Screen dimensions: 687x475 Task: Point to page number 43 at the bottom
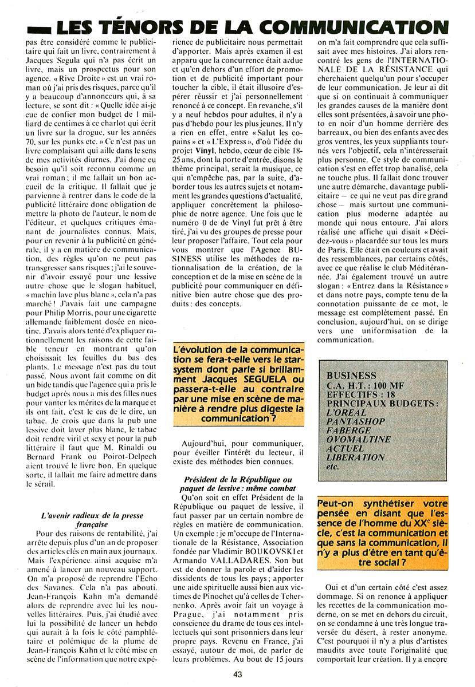(x=238, y=674)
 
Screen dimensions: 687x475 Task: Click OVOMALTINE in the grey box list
(x=358, y=439)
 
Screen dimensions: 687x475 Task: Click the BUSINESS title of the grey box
(x=351, y=376)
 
